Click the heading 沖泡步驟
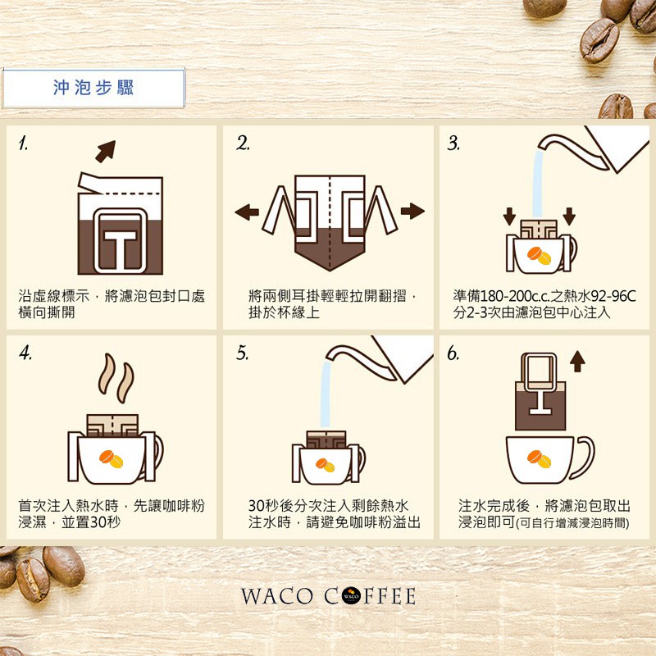tap(93, 88)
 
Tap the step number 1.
tap(24, 143)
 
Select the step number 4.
tap(25, 353)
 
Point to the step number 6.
tap(453, 353)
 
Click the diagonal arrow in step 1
tap(106, 151)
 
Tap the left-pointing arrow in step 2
tap(247, 212)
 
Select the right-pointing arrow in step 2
tap(412, 211)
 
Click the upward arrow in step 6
tap(577, 362)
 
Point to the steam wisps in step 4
tap(116, 378)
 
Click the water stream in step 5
tap(325, 394)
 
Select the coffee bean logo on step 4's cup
tap(112, 459)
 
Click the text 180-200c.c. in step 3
tap(515, 296)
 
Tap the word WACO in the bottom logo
tap(276, 596)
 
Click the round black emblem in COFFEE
tap(351, 596)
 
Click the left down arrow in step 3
tap(509, 216)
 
